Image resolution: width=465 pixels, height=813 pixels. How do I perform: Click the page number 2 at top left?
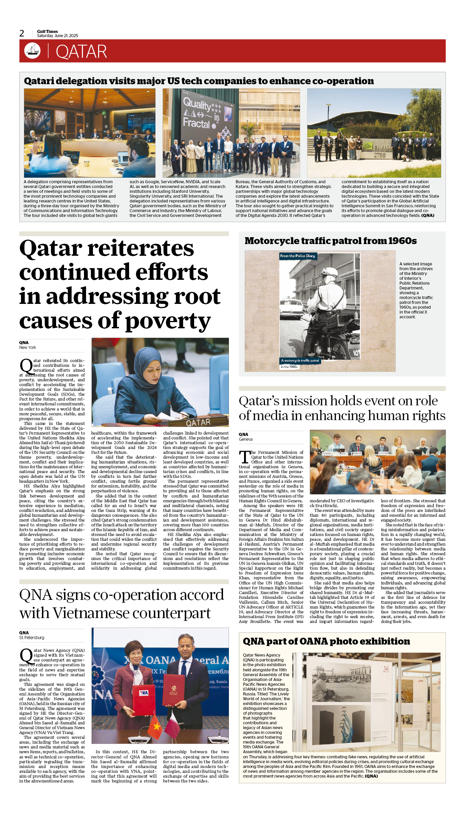tap(22, 33)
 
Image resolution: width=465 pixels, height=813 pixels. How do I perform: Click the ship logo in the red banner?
tap(32, 51)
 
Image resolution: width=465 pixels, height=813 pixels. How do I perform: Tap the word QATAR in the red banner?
tap(81, 52)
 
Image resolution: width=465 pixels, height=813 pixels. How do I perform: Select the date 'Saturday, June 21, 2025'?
tap(57, 36)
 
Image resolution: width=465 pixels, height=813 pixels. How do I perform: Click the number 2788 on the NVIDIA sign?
tap(380, 155)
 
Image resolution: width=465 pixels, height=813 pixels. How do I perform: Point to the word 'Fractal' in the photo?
tap(196, 123)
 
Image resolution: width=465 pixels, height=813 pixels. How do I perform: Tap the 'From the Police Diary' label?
tap(297, 256)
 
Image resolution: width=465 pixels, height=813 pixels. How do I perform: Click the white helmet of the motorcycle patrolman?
tap(330, 272)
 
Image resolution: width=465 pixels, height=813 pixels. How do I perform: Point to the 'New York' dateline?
tap(28, 348)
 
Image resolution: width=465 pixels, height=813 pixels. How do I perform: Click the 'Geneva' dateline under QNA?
tap(246, 439)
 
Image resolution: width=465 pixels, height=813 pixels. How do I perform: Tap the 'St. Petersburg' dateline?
tap(32, 638)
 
